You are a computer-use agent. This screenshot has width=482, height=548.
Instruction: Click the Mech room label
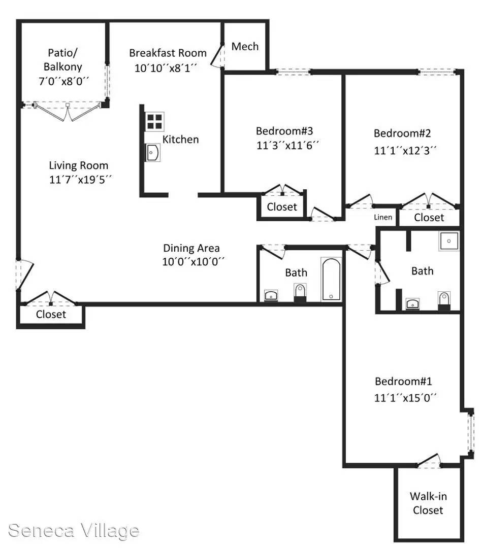(245, 47)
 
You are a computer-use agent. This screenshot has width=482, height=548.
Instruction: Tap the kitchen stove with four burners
(154, 122)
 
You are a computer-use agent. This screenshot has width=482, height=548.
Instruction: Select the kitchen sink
(152, 153)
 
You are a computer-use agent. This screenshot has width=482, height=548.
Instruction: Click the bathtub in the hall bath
(331, 280)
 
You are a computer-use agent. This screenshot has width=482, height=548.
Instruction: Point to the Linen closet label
(383, 217)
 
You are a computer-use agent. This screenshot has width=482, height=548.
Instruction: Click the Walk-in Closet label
(428, 503)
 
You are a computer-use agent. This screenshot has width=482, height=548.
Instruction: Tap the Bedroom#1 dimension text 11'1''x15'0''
(405, 398)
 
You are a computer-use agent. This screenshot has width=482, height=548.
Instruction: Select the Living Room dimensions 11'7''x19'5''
(80, 180)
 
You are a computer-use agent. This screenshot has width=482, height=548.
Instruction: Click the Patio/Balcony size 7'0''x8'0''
(63, 81)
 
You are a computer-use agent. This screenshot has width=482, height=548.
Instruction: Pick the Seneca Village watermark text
(74, 531)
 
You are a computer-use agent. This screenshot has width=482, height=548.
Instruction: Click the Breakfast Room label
(168, 53)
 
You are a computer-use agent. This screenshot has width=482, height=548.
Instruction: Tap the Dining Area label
(191, 248)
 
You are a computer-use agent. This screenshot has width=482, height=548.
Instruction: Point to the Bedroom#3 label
(284, 131)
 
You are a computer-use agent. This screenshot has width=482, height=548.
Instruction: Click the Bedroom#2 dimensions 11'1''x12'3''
(405, 150)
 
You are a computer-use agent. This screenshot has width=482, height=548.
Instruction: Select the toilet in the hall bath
(300, 293)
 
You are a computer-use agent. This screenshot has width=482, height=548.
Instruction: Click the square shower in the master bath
(449, 241)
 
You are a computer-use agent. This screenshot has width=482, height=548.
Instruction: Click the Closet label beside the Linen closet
(429, 217)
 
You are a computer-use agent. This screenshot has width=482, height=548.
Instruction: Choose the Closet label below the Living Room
(51, 314)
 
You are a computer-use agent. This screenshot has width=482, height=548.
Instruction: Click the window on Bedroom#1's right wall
(471, 433)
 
